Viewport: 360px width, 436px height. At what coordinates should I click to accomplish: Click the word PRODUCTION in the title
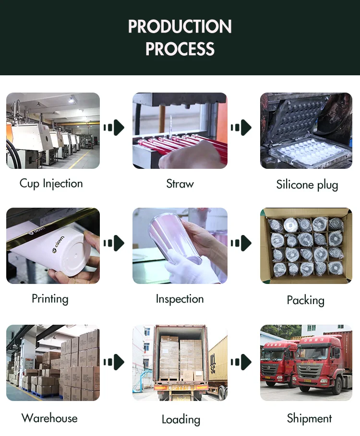(x=180, y=26)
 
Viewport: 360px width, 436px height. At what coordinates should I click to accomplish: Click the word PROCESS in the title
(x=180, y=49)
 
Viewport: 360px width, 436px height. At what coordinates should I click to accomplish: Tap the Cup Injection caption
(x=51, y=184)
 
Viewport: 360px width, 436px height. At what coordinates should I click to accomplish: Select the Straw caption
(x=180, y=184)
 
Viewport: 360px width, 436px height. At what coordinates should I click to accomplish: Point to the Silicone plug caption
(x=307, y=185)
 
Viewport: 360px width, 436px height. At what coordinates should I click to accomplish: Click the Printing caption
(x=50, y=299)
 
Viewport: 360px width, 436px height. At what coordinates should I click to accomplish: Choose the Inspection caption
(x=180, y=299)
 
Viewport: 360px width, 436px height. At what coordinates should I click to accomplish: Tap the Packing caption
(x=306, y=301)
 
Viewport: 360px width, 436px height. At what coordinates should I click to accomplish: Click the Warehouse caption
(x=49, y=418)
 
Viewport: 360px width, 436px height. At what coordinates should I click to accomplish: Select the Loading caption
(x=180, y=420)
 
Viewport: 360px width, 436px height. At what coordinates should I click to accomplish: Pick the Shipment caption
(x=309, y=418)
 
